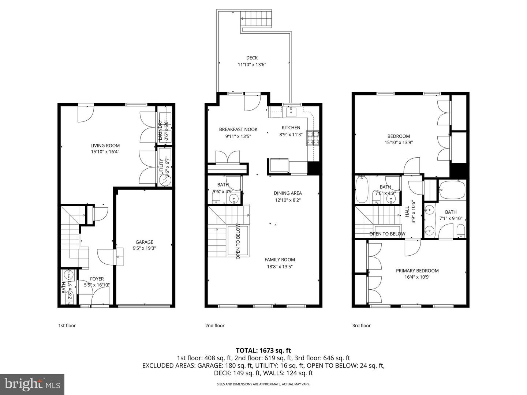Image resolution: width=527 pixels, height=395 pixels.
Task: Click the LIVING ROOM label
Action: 105,146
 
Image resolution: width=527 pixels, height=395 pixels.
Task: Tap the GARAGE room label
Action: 144,242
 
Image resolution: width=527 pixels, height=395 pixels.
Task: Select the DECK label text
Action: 252,57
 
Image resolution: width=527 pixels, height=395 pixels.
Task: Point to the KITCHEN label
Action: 291,128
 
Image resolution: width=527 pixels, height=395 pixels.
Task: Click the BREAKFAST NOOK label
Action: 238,129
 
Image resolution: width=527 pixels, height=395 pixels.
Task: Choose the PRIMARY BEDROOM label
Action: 417,271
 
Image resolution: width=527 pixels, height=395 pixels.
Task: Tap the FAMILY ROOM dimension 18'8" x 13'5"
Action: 280,267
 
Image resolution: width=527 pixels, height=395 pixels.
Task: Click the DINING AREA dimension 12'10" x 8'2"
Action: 288,200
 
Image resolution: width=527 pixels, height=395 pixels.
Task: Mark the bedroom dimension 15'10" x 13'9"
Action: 399,143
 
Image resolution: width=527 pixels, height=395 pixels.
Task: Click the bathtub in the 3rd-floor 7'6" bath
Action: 362,189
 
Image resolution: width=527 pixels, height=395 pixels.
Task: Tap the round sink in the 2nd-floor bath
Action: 233,199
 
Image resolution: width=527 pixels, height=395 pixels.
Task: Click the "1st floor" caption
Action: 67,326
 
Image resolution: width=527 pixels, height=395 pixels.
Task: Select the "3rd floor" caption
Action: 362,326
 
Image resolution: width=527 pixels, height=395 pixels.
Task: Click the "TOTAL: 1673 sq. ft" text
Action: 263,351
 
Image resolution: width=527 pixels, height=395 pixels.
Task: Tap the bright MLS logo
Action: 32,384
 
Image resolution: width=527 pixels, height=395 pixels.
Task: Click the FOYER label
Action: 97,279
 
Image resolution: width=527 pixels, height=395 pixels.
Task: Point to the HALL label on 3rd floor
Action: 407,211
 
